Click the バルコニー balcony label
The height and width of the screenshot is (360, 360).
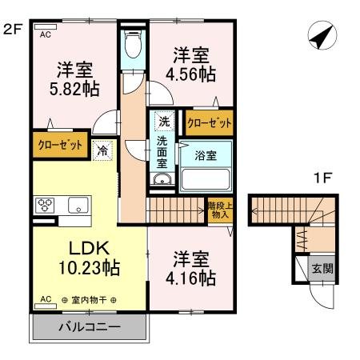[89, 328]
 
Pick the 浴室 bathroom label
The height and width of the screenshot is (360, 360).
[206, 155]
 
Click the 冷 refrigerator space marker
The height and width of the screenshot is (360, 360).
[102, 149]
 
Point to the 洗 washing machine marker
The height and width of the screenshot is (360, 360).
[163, 122]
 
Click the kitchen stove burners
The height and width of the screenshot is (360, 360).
[44, 205]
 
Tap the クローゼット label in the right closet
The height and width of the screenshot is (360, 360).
[210, 123]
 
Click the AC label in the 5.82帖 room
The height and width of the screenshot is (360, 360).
[46, 34]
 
